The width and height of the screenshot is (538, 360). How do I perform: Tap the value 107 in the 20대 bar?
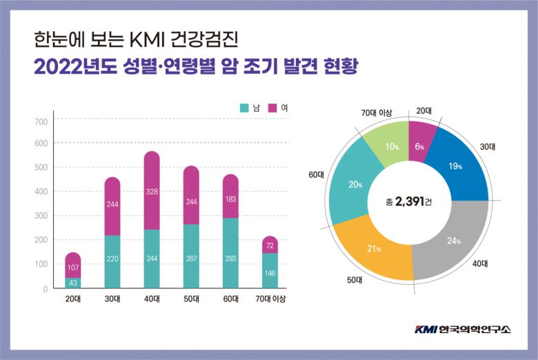coord(72,266)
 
